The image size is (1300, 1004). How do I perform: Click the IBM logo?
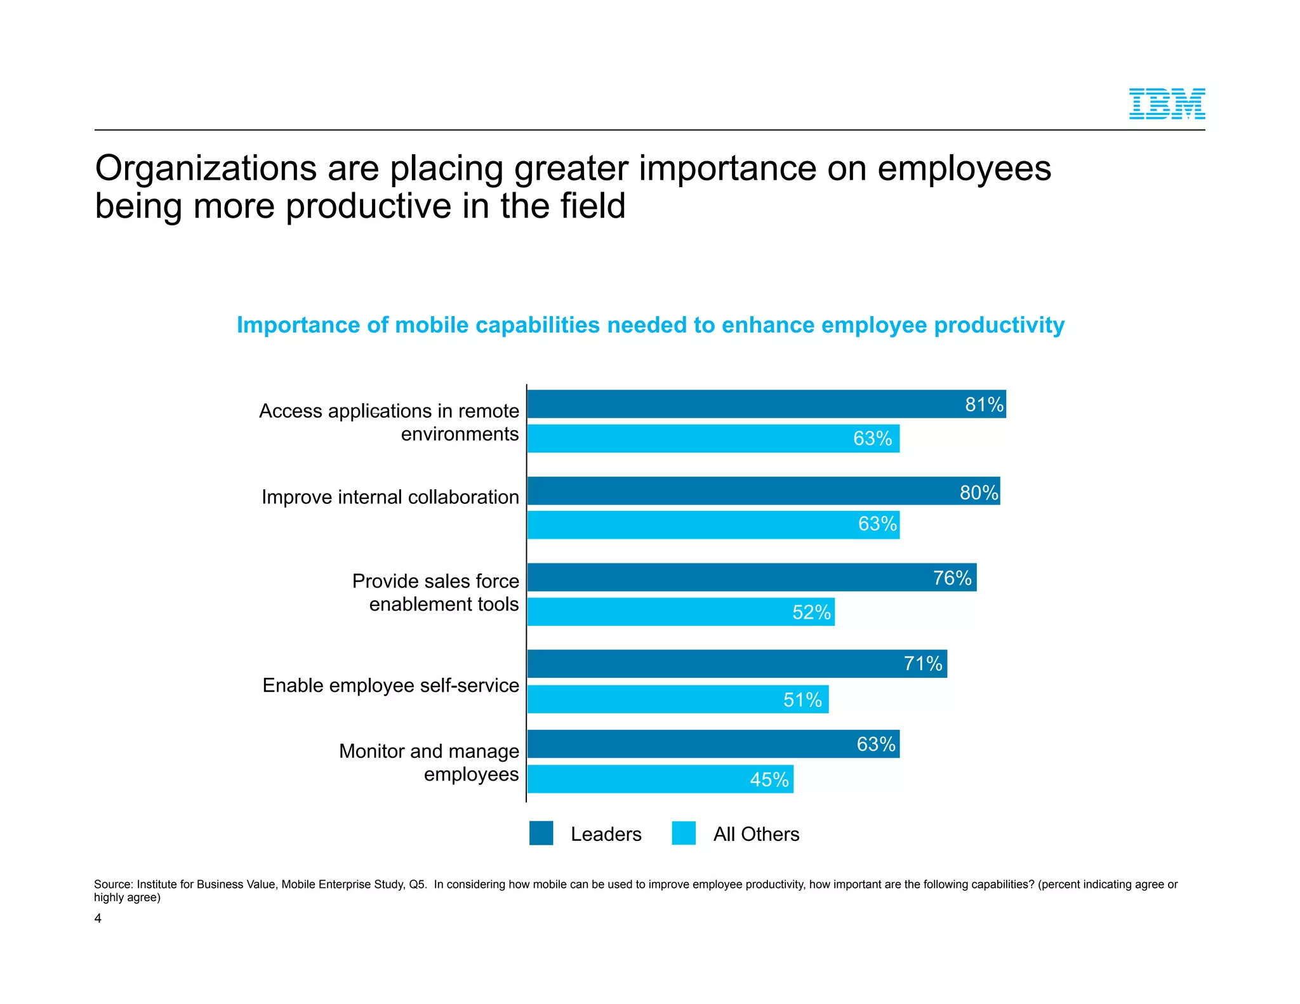[1167, 104]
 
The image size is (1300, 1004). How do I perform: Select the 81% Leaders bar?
[766, 404]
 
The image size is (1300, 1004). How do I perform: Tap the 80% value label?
[979, 492]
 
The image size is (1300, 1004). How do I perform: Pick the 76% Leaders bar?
[752, 578]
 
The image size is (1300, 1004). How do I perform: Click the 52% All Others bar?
[680, 612]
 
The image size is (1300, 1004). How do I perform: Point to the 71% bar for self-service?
[736, 664]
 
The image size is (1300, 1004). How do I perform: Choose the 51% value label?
[802, 700]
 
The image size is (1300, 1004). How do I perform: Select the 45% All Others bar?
[660, 779]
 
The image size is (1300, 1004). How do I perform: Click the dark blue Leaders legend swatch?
[541, 833]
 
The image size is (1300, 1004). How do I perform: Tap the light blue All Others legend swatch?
[684, 833]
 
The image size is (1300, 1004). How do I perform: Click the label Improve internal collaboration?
[390, 497]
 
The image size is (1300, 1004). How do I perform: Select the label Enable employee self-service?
[390, 685]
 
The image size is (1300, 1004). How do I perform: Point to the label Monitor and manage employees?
[429, 762]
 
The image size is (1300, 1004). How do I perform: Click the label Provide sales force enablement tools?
[436, 592]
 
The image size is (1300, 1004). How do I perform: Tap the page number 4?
[98, 918]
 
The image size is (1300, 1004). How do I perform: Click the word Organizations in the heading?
[206, 169]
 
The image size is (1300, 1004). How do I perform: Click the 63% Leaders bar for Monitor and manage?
[713, 744]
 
